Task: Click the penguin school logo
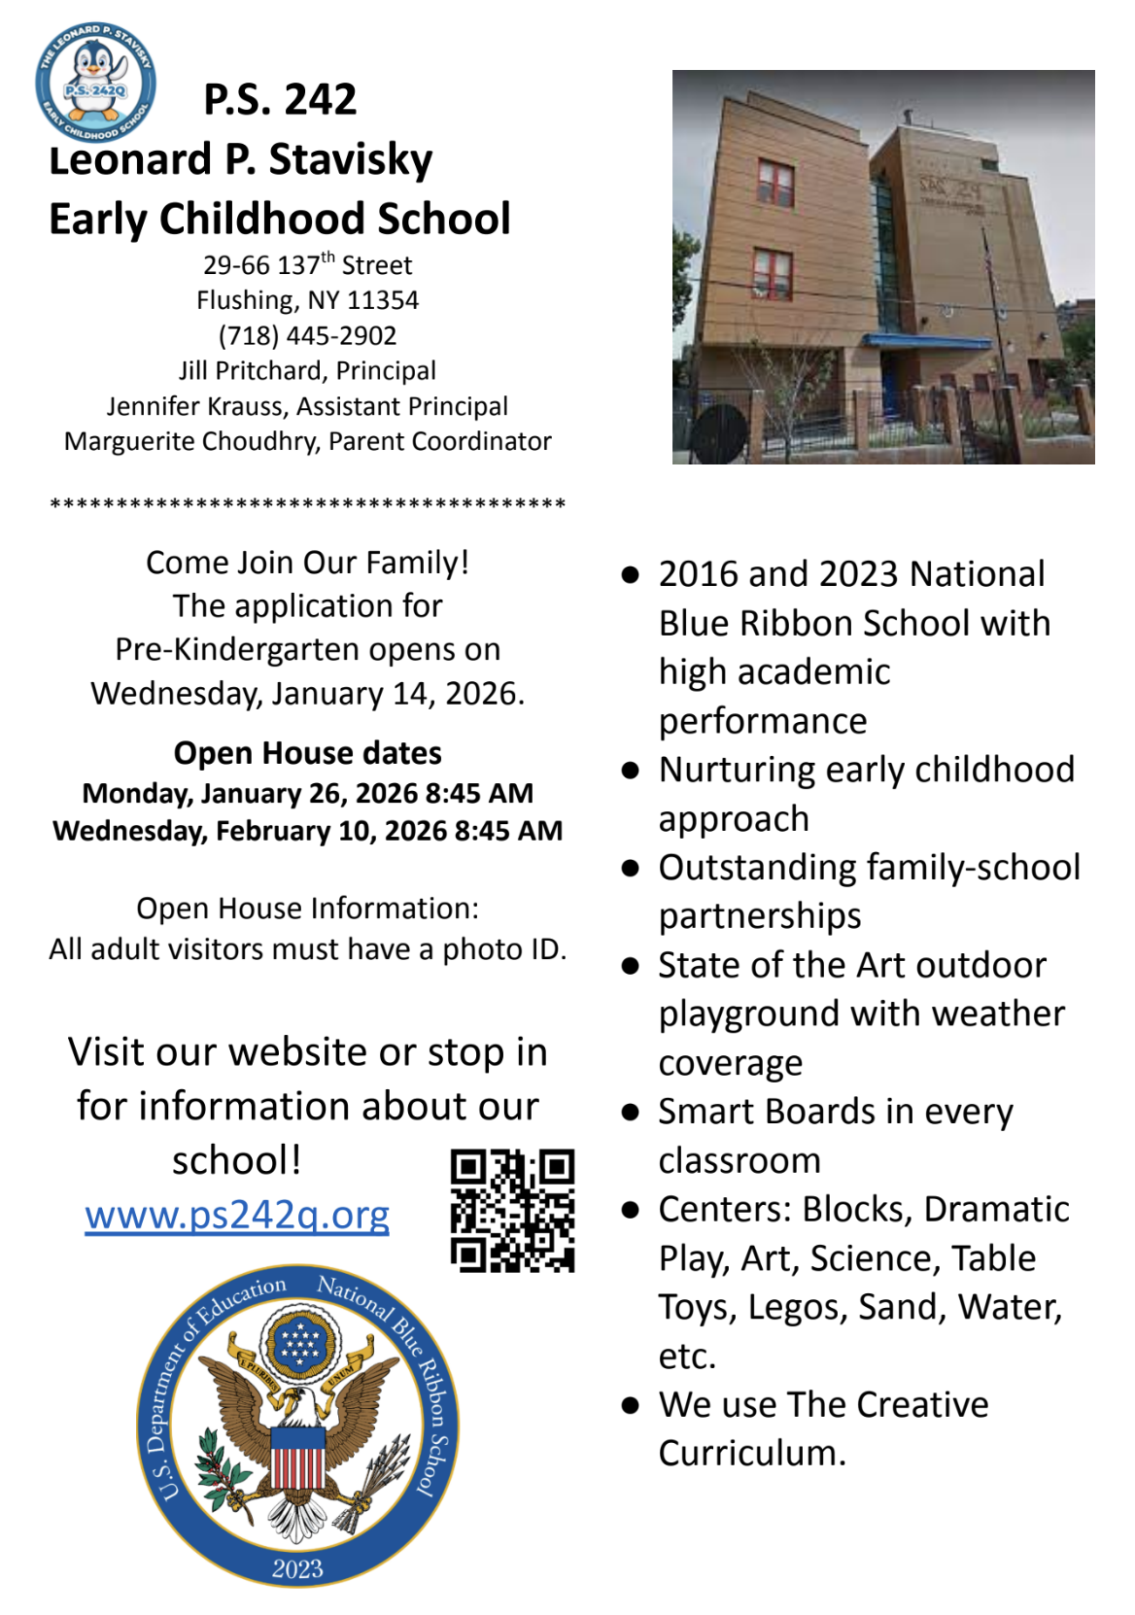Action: click(95, 83)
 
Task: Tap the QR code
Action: click(512, 1210)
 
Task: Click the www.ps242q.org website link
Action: click(237, 1215)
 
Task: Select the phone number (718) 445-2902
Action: click(307, 335)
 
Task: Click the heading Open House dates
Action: click(307, 753)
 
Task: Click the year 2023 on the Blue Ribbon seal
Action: click(297, 1567)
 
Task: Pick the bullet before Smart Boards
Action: click(632, 1113)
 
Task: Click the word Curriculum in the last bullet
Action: click(751, 1454)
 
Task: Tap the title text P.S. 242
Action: click(280, 99)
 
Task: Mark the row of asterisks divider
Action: click(307, 504)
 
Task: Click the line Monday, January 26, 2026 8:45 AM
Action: click(307, 793)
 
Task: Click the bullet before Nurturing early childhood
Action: click(632, 771)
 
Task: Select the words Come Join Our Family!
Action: click(307, 563)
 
